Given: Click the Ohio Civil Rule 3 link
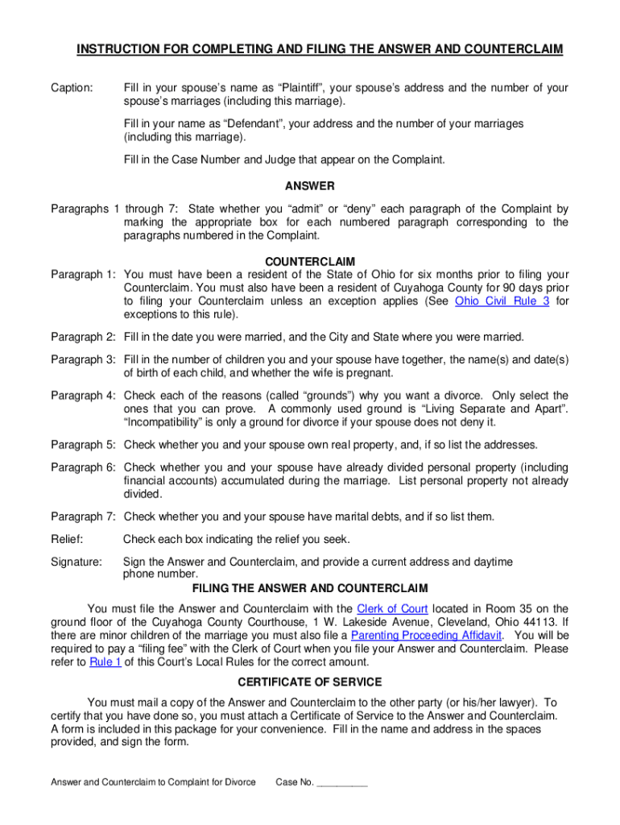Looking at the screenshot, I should pos(502,301).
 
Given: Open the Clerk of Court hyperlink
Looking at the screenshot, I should pos(392,609).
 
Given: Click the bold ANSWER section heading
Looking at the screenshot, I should pos(309,186).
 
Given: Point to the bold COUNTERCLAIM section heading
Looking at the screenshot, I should pos(310,262).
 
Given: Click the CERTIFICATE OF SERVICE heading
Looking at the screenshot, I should pos(309,681).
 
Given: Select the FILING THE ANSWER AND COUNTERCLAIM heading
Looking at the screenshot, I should pos(309,589).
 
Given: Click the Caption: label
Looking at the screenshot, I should pos(72,88).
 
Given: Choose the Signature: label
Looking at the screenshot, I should pos(76,562).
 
